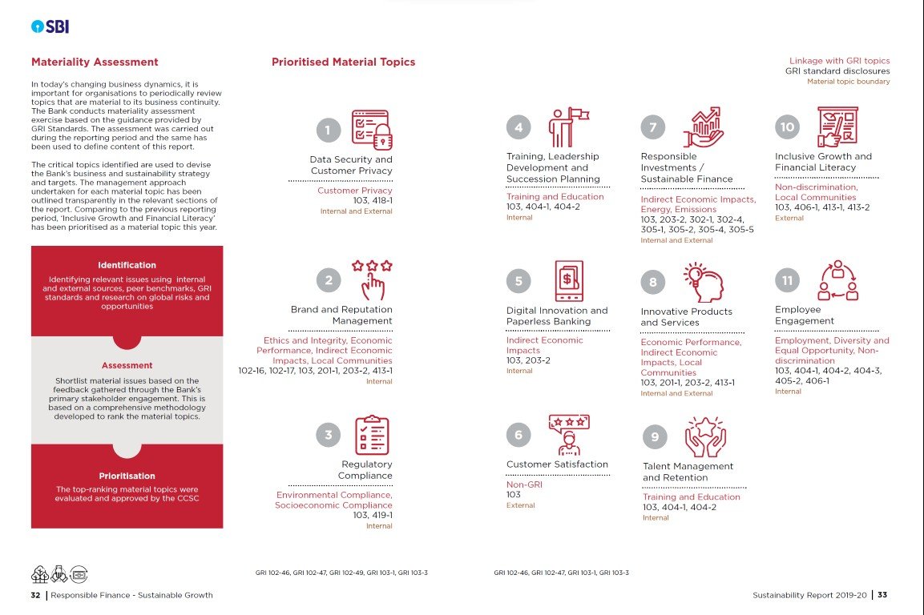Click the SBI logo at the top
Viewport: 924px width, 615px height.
[x=50, y=26]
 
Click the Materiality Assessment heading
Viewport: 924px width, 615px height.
[x=95, y=62]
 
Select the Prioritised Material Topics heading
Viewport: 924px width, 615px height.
[x=343, y=62]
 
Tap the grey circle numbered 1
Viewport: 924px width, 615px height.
[x=327, y=130]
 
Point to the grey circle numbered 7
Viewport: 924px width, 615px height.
[x=653, y=127]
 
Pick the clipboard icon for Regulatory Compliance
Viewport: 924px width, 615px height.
[x=371, y=435]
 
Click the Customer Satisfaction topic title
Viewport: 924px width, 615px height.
[x=557, y=464]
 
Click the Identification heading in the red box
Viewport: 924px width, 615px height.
[x=127, y=265]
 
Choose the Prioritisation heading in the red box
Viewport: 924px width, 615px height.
[x=127, y=476]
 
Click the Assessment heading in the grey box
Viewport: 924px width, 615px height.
[x=127, y=366]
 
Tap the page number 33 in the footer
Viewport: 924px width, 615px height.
[x=882, y=595]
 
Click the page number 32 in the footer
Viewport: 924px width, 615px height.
[x=35, y=595]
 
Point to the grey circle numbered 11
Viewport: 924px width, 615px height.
[x=788, y=281]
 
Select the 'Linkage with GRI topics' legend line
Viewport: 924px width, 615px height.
[x=839, y=61]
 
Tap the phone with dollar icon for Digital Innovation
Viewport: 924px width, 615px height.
[x=569, y=281]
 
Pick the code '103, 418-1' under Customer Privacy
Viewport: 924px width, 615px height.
[x=373, y=201]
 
